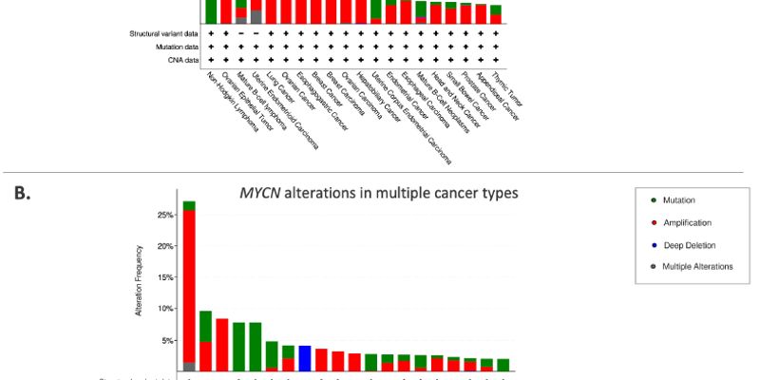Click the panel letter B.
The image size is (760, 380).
pyautogui.click(x=21, y=194)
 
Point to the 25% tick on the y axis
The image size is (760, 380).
pyautogui.click(x=163, y=215)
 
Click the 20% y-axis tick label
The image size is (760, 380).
pyautogui.click(x=163, y=246)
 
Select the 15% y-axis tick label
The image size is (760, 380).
pyautogui.click(x=163, y=277)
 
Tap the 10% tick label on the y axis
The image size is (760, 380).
pyautogui.click(x=163, y=309)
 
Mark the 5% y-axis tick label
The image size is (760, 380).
pyautogui.click(x=165, y=340)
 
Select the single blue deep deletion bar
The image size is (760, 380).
pyautogui.click(x=305, y=358)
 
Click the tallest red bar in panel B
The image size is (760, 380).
pyautogui.click(x=189, y=285)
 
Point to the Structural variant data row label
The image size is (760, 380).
pyautogui.click(x=163, y=33)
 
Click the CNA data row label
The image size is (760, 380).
pyautogui.click(x=184, y=60)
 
